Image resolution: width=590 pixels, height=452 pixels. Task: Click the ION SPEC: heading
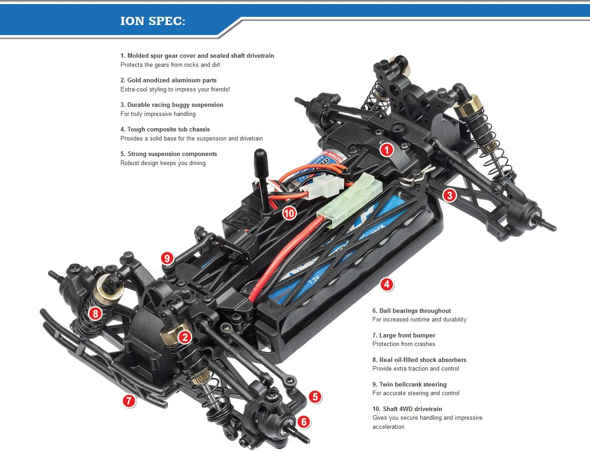[x=152, y=21]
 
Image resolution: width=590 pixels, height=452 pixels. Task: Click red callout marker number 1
[x=386, y=150]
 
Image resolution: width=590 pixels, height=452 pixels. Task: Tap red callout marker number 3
[x=449, y=195]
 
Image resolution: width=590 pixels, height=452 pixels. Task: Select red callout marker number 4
[x=386, y=285]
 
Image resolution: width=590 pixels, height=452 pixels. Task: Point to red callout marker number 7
[x=129, y=401]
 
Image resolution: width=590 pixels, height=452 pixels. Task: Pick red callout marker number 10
[x=289, y=213]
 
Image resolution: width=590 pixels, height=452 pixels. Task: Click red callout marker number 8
[x=95, y=313]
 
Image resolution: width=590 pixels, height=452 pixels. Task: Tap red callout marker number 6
[x=304, y=422]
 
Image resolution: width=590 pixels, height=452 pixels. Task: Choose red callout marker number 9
[x=167, y=258]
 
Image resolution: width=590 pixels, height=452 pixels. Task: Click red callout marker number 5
[x=315, y=397]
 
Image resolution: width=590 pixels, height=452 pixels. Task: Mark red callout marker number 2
[x=184, y=337]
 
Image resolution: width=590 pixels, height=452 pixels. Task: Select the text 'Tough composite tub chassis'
[x=168, y=129]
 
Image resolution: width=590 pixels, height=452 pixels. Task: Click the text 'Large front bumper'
[x=407, y=335]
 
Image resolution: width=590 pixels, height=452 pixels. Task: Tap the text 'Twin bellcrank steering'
[x=413, y=384]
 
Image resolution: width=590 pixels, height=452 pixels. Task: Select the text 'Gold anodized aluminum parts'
[x=171, y=80]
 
